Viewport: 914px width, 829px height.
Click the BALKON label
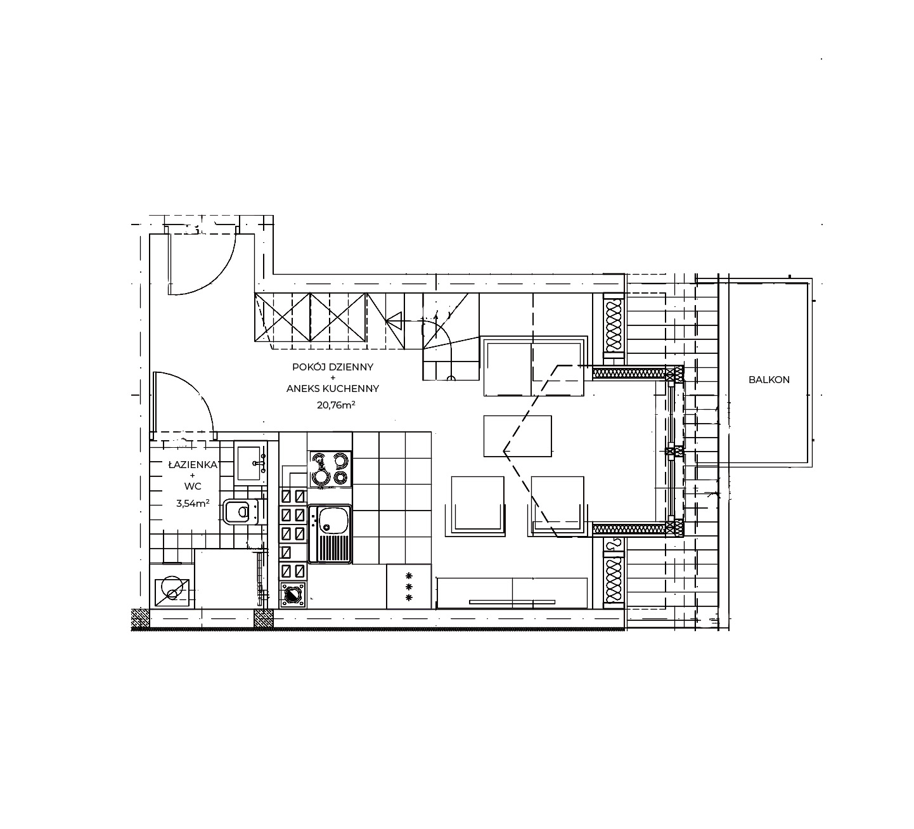point(769,380)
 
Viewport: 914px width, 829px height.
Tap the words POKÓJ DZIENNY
point(333,367)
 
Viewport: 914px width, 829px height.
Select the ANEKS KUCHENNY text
point(333,389)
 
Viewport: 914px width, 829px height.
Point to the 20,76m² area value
point(337,405)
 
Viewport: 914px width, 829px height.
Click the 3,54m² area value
point(193,504)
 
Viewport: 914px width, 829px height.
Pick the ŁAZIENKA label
point(193,465)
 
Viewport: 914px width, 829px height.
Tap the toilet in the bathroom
point(241,512)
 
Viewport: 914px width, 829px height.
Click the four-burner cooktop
point(331,469)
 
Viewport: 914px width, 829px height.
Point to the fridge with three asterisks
point(409,587)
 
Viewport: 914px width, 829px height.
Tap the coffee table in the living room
point(518,436)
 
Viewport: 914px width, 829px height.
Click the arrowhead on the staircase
point(394,321)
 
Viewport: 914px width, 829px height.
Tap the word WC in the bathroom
point(193,486)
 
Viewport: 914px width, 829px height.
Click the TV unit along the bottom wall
point(512,593)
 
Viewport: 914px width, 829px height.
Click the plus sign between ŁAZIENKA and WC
point(192,476)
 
